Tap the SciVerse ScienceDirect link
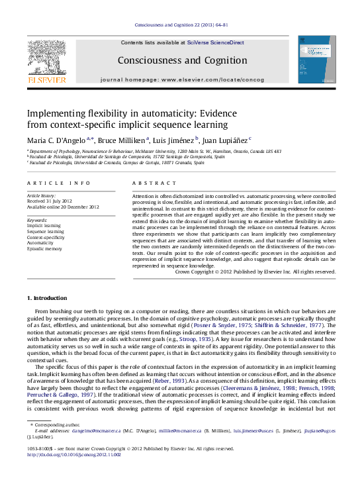(x=215, y=42)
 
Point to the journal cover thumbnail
(x=315, y=61)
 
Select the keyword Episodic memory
(x=45, y=249)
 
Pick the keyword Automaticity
(x=41, y=243)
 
